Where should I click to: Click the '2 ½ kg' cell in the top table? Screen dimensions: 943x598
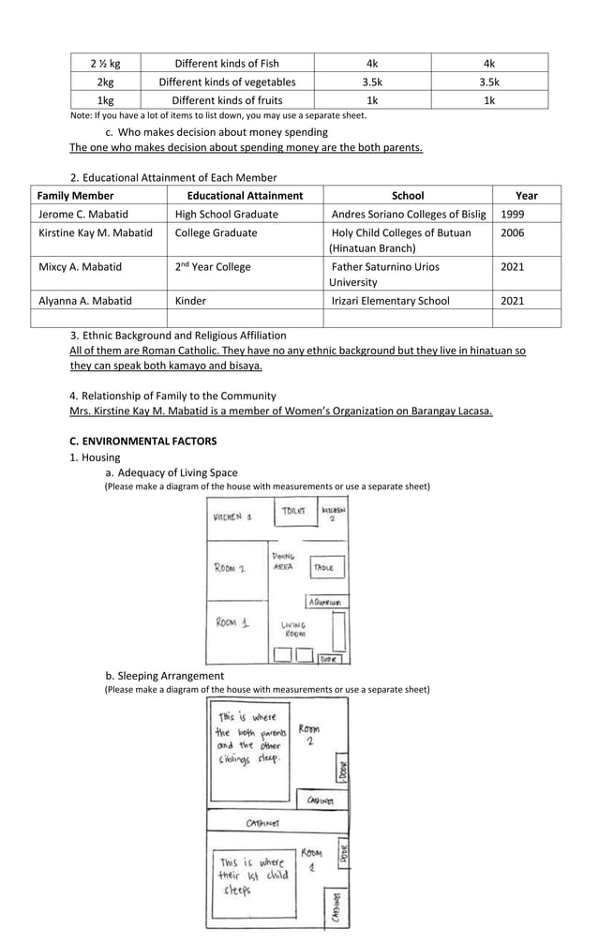105,64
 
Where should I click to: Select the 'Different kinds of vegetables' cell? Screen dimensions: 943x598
227,82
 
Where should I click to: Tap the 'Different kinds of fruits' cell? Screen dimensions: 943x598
227,100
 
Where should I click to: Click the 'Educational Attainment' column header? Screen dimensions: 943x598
245,196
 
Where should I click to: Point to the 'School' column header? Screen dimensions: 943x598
407,196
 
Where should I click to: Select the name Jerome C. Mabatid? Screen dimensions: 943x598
83,214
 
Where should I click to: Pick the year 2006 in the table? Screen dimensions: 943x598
513,232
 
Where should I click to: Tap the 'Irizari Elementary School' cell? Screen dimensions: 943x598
391,301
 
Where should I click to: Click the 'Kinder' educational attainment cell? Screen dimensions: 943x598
190,301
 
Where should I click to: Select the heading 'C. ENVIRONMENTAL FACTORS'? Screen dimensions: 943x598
142,441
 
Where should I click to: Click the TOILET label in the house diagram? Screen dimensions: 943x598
293,512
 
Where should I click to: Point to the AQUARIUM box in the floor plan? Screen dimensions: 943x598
324,602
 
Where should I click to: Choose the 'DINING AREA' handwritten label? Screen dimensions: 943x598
283,561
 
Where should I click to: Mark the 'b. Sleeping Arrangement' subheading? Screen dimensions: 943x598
164,676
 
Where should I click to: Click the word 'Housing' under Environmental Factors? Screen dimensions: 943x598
100,457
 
